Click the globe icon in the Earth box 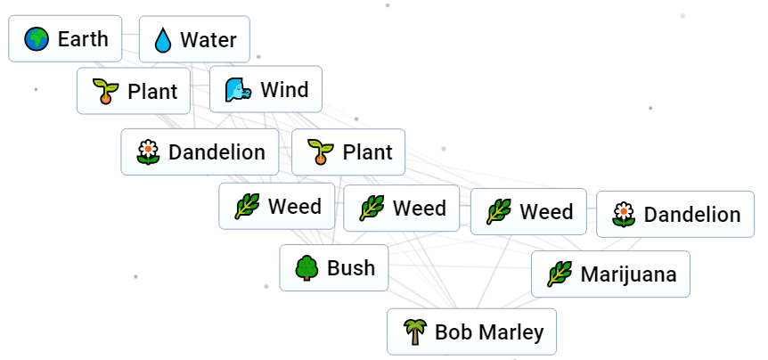37,39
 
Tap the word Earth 83,39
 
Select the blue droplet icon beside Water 163,40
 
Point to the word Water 208,40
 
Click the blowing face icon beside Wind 236,90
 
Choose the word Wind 284,90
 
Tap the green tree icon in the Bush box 306,268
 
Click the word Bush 351,268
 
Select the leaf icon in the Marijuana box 559,274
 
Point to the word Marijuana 628,274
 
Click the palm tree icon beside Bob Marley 414,332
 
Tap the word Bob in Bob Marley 454,332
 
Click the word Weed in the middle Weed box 420,209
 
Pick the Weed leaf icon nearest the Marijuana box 499,212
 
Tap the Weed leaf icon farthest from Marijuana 247,207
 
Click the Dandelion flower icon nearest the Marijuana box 624,215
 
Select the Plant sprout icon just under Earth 105,92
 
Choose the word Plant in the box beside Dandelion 367,152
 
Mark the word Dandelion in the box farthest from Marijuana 217,152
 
